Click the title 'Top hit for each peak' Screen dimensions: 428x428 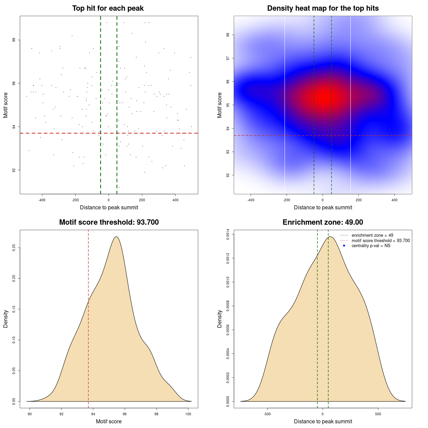(108, 8)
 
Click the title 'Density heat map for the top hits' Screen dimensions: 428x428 (323, 8)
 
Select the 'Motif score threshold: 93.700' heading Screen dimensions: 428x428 (109, 222)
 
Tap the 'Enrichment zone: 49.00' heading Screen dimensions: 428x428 (323, 222)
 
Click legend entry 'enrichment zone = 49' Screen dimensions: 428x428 (372, 235)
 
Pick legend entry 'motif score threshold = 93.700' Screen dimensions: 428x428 (381, 240)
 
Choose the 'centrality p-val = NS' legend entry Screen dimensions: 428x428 (371, 246)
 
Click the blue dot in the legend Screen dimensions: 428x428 (344, 246)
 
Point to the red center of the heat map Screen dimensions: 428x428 (323, 97)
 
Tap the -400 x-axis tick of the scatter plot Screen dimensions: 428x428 (42, 200)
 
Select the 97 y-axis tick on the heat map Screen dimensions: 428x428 (228, 58)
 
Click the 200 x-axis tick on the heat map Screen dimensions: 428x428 (359, 200)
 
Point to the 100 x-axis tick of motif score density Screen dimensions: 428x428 (188, 414)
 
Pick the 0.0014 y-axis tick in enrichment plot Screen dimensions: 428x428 (228, 234)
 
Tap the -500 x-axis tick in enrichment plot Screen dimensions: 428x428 (267, 414)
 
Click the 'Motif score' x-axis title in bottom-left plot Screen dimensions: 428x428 (109, 421)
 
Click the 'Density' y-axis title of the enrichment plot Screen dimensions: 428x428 (220, 319)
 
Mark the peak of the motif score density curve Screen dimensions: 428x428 (116, 237)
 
